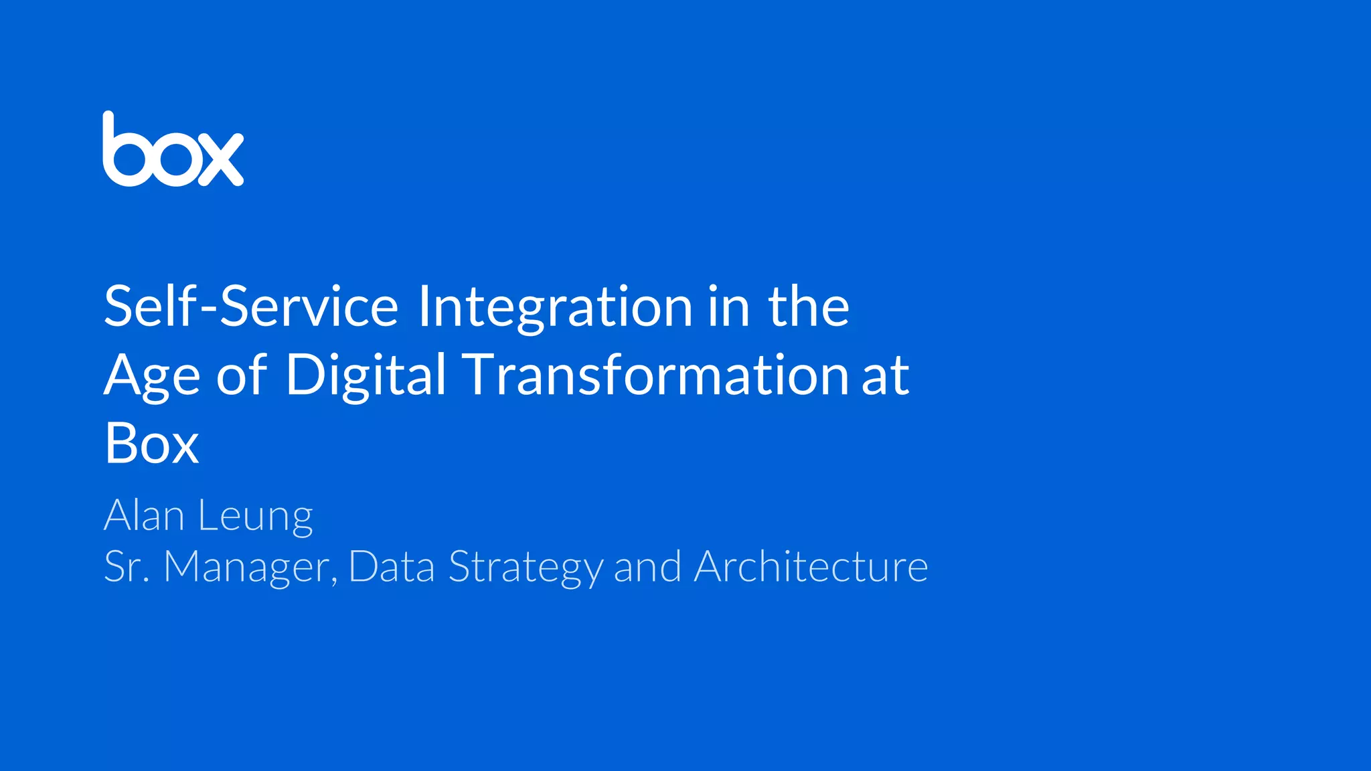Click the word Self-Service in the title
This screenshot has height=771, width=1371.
tap(251, 307)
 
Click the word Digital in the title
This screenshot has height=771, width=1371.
tap(366, 376)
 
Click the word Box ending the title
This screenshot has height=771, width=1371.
tap(152, 443)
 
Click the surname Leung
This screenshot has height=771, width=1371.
tap(255, 517)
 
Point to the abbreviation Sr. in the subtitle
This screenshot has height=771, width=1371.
tap(127, 568)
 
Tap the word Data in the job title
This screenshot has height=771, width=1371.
tap(392, 568)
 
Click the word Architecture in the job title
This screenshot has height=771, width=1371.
tap(811, 567)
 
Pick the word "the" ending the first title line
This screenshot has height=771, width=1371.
tap(809, 307)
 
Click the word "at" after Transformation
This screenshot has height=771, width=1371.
tap(885, 376)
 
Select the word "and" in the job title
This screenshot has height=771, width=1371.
tap(647, 568)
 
